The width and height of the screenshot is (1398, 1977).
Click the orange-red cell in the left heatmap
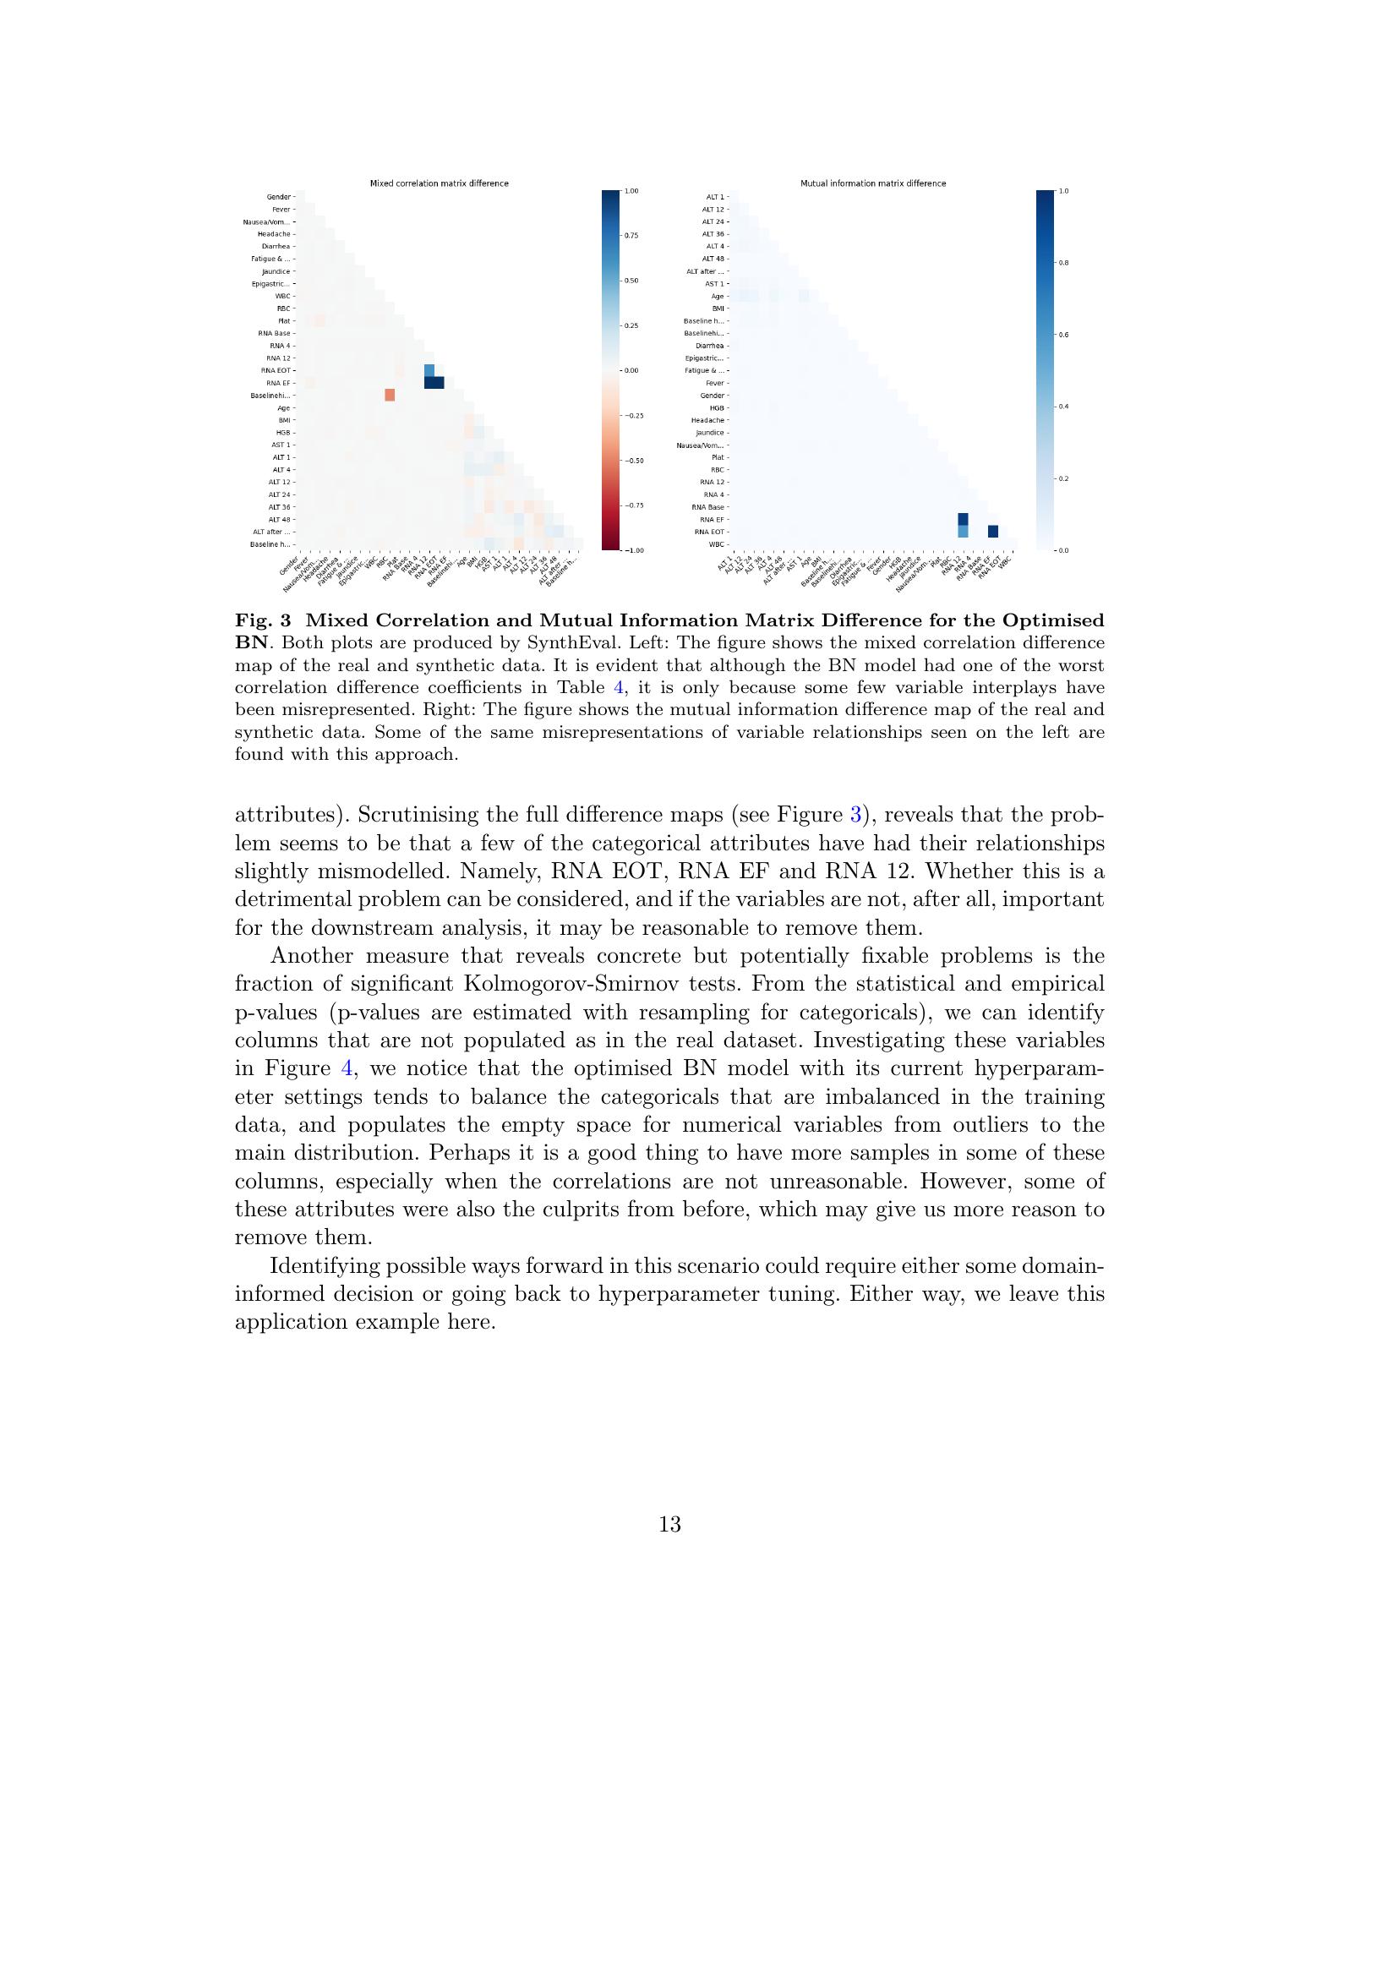point(389,395)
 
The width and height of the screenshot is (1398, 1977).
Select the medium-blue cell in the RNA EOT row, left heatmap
point(429,370)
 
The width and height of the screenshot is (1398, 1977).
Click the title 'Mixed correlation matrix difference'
point(439,183)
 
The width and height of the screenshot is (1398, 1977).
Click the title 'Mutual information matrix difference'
point(873,183)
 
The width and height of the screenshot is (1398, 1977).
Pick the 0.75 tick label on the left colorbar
point(631,235)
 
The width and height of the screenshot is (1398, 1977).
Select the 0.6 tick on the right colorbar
point(1063,334)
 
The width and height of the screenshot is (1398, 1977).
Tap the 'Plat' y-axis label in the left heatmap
point(283,320)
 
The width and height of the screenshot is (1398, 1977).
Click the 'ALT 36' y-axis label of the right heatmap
point(713,234)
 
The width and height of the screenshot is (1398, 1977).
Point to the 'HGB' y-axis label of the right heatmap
point(716,407)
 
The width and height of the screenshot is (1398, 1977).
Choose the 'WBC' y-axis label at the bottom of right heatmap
point(715,544)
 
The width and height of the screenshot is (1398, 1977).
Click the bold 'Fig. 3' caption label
point(264,621)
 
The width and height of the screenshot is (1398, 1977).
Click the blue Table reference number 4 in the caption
point(618,688)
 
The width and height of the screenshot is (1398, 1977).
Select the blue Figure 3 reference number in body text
point(855,815)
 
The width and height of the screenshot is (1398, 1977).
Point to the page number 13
point(669,1524)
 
